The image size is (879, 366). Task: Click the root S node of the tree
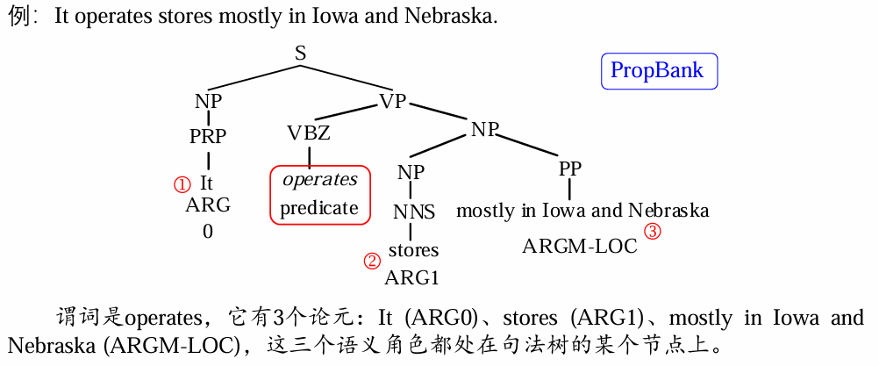click(x=300, y=54)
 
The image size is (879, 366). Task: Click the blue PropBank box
click(x=659, y=71)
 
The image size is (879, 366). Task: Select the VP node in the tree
click(x=393, y=101)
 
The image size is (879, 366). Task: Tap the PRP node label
click(x=208, y=136)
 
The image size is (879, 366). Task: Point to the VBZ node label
click(x=309, y=133)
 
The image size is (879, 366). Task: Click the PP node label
click(x=570, y=169)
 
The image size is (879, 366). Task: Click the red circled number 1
click(x=182, y=184)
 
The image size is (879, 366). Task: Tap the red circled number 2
click(x=372, y=261)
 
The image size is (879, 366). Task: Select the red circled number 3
click(x=652, y=232)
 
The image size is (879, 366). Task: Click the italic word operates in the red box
click(x=319, y=180)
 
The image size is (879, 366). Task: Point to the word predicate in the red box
click(x=319, y=208)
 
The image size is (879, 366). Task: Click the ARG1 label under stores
click(x=411, y=278)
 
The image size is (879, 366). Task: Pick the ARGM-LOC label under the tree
click(x=580, y=246)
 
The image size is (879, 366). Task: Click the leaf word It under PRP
click(x=206, y=183)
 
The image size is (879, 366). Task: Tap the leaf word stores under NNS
click(x=413, y=250)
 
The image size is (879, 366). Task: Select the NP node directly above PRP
click(x=208, y=101)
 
